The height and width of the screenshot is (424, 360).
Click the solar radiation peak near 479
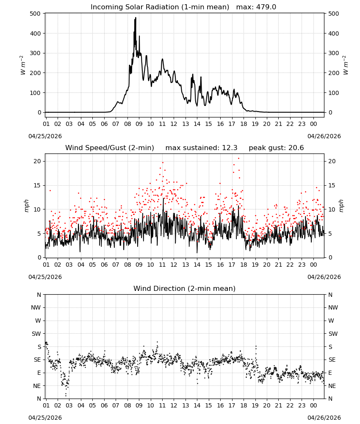136,18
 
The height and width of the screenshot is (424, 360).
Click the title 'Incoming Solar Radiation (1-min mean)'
160,7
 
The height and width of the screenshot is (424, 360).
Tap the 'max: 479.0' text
256,7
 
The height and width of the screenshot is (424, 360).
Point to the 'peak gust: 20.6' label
276,148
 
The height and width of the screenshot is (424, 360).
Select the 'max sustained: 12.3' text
202,148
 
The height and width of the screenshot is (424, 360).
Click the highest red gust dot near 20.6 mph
238,159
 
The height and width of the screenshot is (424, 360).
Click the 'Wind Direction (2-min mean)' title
185,288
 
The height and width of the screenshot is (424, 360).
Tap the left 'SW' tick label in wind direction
36,334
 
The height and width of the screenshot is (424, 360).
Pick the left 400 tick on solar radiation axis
36,33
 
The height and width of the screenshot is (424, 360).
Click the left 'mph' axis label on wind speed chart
26,206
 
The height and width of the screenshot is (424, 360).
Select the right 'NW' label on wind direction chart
333,307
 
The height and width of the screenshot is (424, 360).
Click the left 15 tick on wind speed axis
38,186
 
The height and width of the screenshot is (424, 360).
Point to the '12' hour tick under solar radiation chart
174,124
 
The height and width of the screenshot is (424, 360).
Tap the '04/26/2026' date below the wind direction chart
324,418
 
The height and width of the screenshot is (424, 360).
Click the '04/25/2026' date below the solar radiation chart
45,136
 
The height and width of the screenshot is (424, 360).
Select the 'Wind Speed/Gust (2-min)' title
110,148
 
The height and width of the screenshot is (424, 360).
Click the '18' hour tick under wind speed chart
244,265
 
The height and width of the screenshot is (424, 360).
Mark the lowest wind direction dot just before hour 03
66,396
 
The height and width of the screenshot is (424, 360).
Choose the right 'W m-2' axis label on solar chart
346,65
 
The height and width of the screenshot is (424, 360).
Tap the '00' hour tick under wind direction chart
313,405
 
